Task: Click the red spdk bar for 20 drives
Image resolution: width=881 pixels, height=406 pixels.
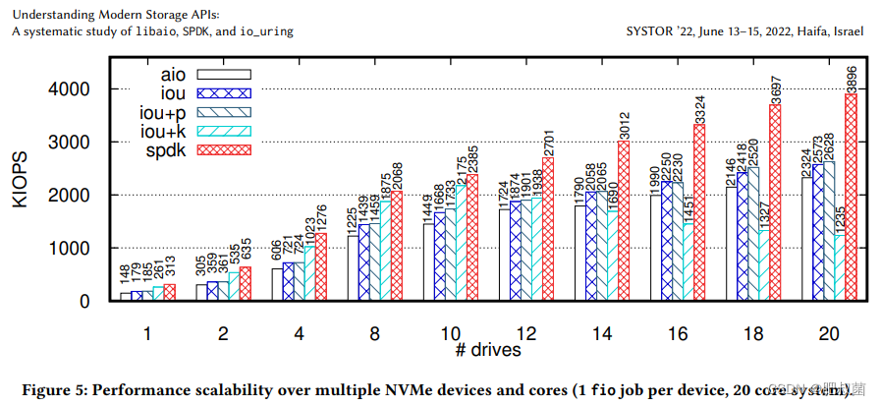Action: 851,197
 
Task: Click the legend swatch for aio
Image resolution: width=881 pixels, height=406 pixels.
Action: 225,73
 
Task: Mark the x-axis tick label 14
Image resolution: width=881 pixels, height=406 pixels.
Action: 602,334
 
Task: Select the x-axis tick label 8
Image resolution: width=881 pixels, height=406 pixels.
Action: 375,334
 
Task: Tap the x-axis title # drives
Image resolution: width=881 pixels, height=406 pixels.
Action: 488,349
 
